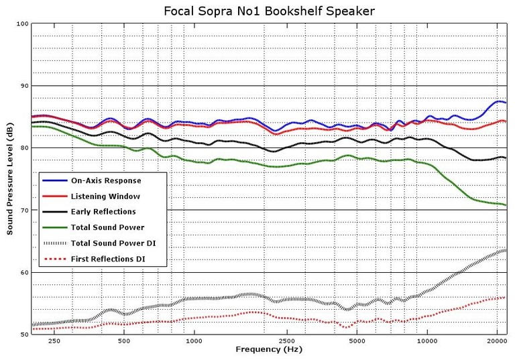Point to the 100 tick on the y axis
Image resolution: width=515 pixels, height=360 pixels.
pos(22,24)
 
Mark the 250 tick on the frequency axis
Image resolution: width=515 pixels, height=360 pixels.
pos(54,341)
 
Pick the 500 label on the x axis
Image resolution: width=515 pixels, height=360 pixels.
pos(124,341)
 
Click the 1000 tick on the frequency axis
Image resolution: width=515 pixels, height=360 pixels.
pos(194,341)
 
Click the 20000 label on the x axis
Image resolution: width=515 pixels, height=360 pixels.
pos(496,341)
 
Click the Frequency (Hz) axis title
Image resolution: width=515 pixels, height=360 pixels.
pos(268,350)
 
